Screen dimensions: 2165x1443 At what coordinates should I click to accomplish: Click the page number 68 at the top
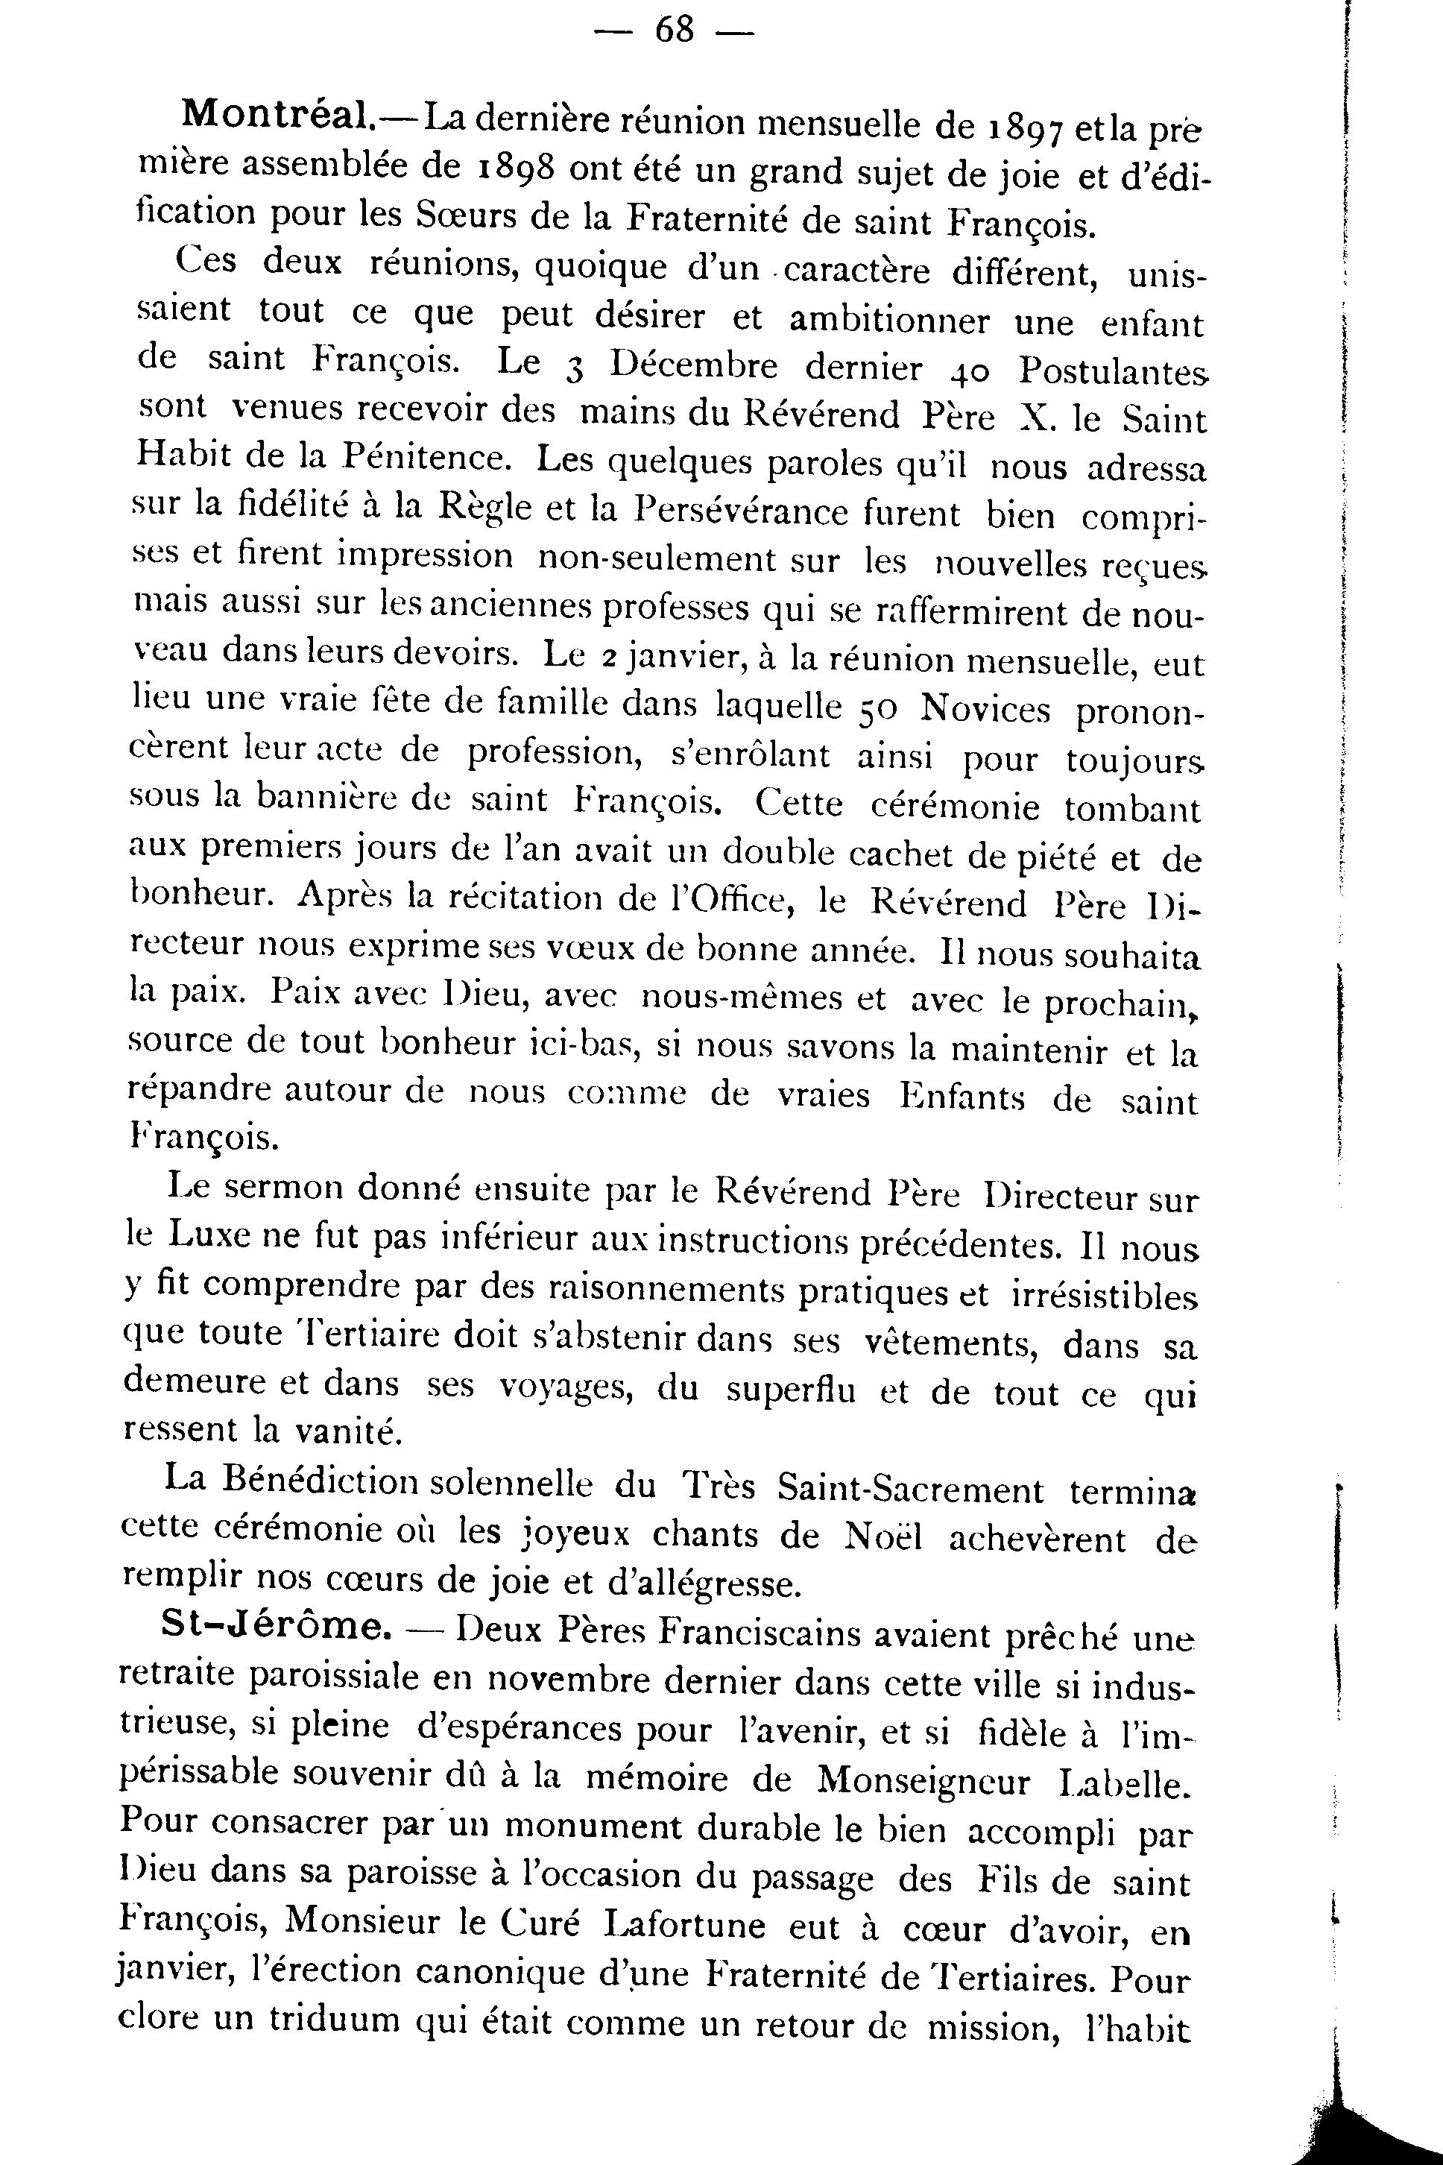point(674,31)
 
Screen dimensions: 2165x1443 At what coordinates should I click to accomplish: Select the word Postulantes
point(1112,371)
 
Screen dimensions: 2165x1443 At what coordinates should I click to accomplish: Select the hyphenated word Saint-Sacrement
point(910,1488)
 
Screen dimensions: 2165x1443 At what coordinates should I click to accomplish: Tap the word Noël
point(882,1535)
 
